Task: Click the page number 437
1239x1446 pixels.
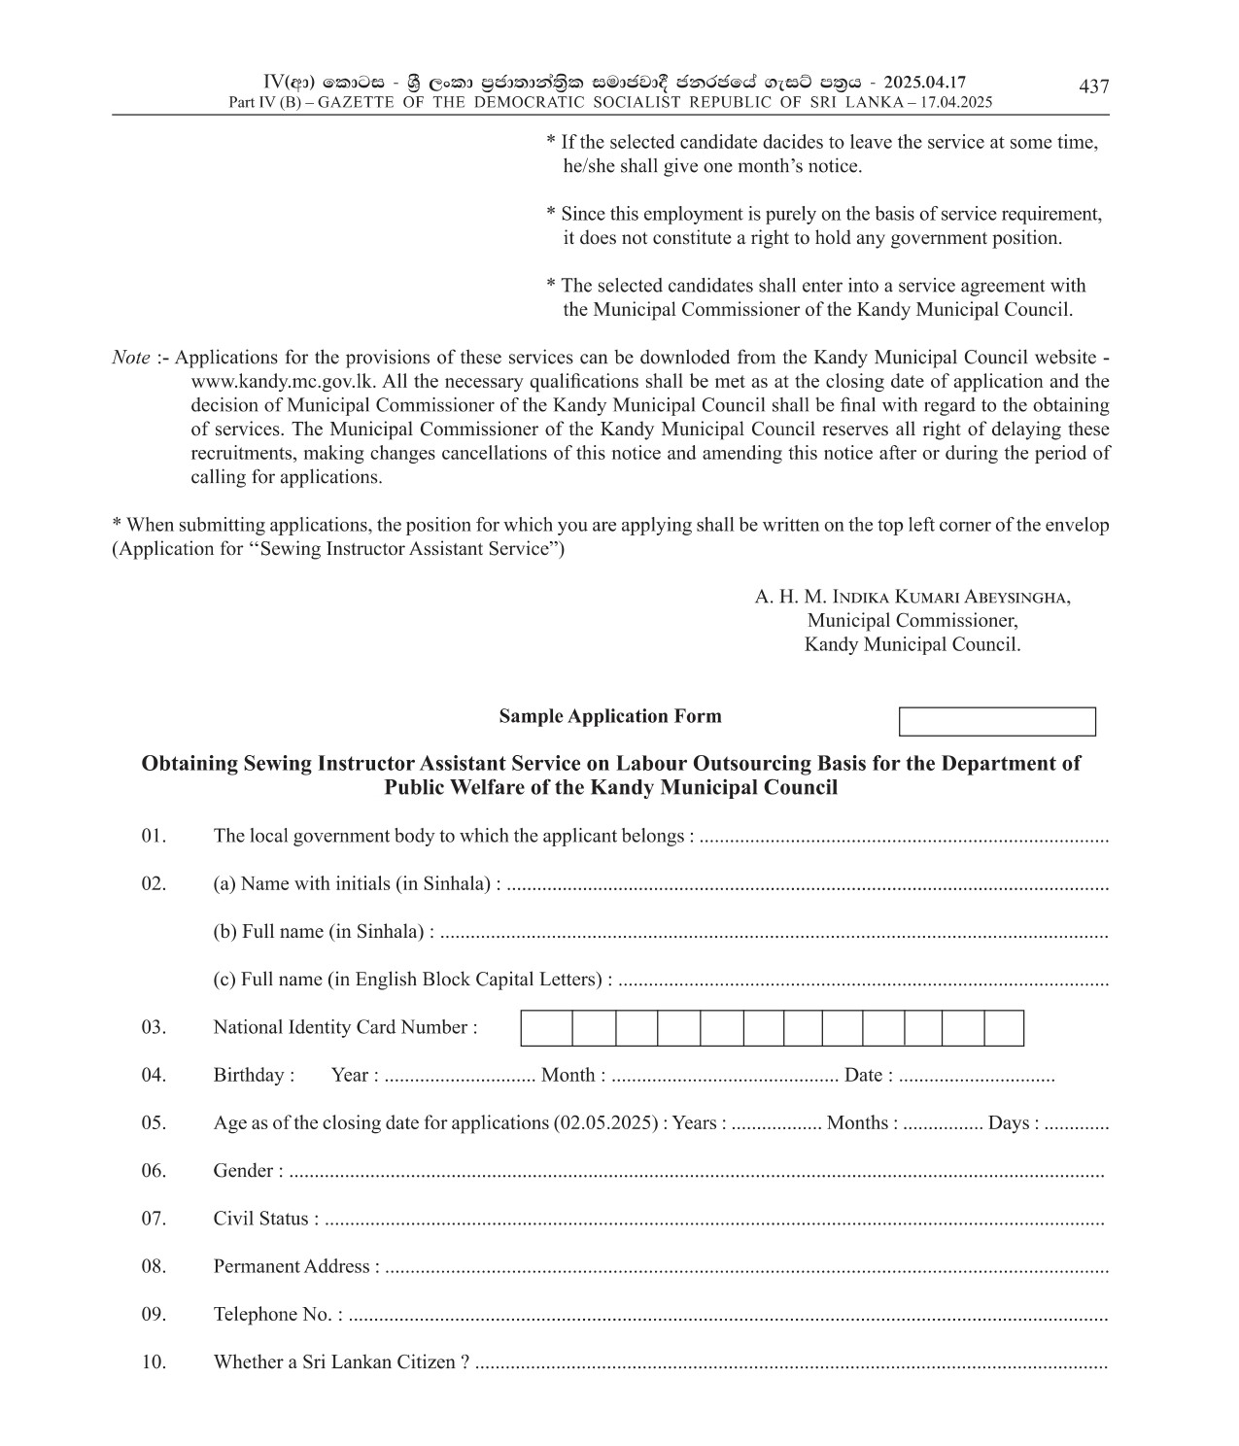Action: point(1093,87)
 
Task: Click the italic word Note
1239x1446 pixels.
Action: point(131,358)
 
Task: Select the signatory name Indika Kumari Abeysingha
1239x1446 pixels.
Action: point(912,597)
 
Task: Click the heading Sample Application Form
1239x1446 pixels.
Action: point(610,717)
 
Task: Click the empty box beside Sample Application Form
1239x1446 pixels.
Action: point(997,722)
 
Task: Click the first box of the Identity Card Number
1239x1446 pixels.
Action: point(546,1028)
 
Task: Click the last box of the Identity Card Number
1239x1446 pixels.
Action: point(1004,1028)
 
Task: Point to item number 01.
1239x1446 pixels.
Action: point(154,837)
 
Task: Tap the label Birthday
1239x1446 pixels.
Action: point(253,1076)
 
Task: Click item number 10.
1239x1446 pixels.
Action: point(154,1362)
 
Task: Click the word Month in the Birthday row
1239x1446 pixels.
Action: point(568,1076)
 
